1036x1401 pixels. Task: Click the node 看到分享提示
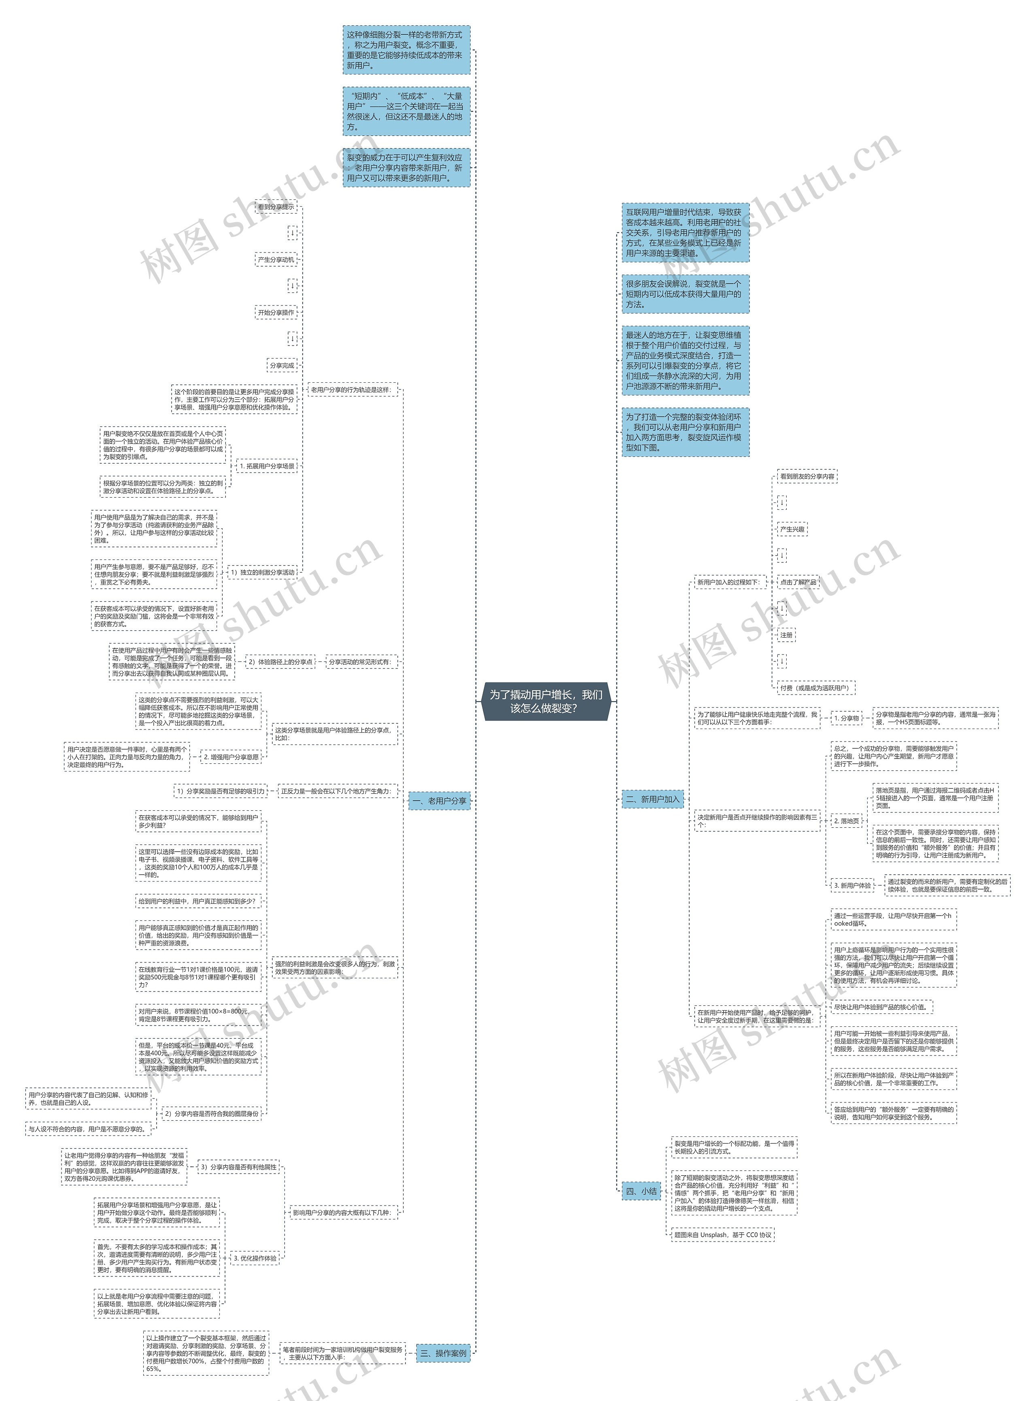[276, 207]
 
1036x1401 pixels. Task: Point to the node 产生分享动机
[276, 259]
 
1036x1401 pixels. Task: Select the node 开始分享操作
[276, 312]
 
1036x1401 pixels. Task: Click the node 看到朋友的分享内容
[807, 477]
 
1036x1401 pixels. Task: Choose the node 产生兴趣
[792, 530]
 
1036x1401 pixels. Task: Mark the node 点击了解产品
[798, 582]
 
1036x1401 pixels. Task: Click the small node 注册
[786, 635]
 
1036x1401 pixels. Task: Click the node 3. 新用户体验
[852, 885]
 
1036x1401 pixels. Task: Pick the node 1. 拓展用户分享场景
[267, 466]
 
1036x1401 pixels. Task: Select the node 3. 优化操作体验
[255, 1258]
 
